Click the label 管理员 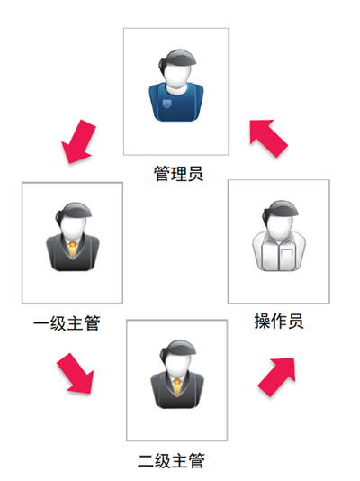[178, 174]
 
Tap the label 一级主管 [67, 323]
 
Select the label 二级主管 [171, 460]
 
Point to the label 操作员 [279, 322]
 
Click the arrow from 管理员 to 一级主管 [78, 141]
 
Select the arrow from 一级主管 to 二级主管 [75, 373]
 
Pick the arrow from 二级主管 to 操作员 [276, 377]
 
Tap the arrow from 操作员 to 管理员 [269, 139]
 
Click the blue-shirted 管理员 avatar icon [176, 86]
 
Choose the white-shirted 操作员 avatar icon [279, 236]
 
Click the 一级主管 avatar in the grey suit [73, 237]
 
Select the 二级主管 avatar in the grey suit [177, 374]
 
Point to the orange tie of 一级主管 [73, 250]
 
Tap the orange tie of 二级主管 [177, 387]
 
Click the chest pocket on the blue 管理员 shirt [166, 104]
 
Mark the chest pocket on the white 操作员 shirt [287, 255]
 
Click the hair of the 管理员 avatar [176, 59]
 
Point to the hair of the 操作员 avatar [279, 210]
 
